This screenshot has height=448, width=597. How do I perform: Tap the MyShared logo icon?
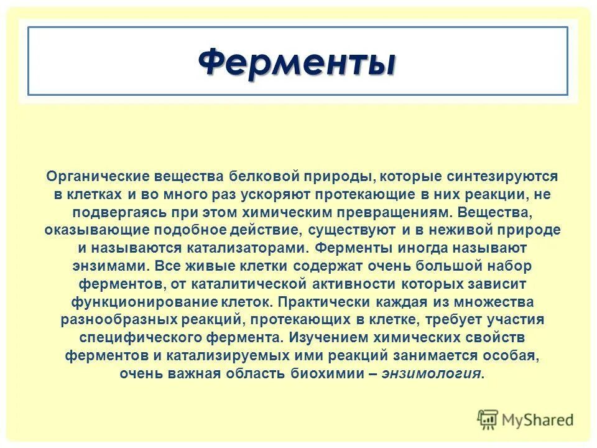pos(488,420)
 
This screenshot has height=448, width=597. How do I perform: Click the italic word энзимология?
pos(431,374)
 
